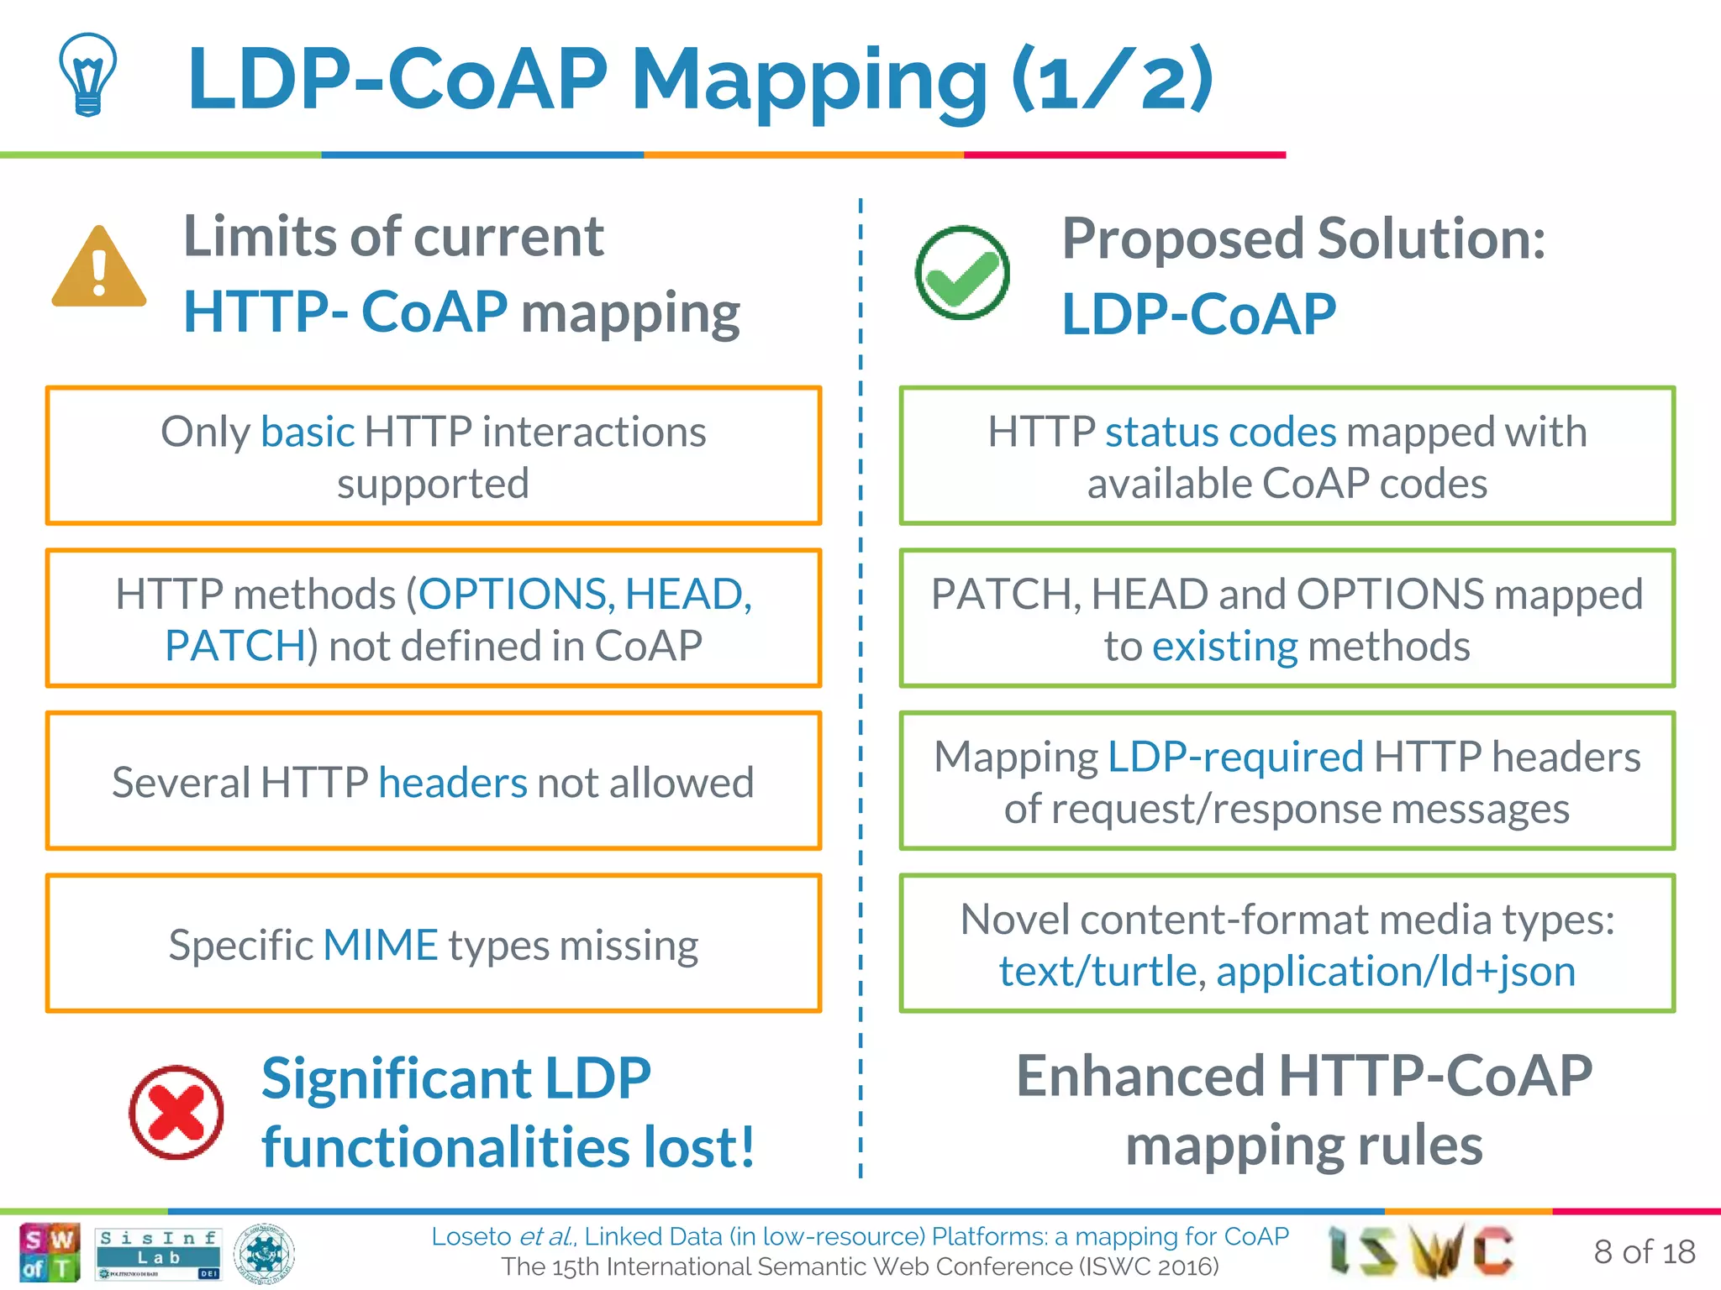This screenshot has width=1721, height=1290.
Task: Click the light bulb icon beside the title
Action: pyautogui.click(x=88, y=74)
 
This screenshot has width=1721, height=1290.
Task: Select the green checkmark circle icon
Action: pyautogui.click(x=962, y=273)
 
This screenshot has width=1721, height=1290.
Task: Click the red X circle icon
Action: pyautogui.click(x=176, y=1112)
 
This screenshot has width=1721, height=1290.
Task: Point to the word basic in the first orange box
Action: pyautogui.click(x=308, y=432)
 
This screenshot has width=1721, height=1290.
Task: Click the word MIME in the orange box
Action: pyautogui.click(x=381, y=945)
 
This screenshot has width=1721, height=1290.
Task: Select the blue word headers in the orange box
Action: pyautogui.click(x=453, y=783)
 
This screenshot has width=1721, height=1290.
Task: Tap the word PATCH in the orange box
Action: pyautogui.click(x=235, y=646)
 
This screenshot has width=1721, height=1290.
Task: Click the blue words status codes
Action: pyautogui.click(x=1220, y=432)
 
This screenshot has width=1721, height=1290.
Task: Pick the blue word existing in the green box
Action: pyautogui.click(x=1225, y=647)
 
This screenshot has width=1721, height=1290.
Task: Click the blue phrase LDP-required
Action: pyautogui.click(x=1235, y=757)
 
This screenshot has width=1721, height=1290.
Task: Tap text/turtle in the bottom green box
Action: pyautogui.click(x=1097, y=972)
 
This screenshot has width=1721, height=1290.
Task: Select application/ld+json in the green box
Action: pyautogui.click(x=1395, y=972)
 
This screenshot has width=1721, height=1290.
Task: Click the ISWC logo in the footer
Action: pyautogui.click(x=1420, y=1251)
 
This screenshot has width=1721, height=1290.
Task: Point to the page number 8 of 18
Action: pyautogui.click(x=1644, y=1251)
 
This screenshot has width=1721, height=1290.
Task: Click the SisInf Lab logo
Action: pyautogui.click(x=158, y=1253)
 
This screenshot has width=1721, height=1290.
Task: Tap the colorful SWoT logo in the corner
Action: pyautogui.click(x=50, y=1252)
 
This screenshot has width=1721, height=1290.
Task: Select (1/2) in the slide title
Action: pyautogui.click(x=1113, y=80)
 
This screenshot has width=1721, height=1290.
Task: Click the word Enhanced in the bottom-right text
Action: pyautogui.click(x=1139, y=1076)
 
